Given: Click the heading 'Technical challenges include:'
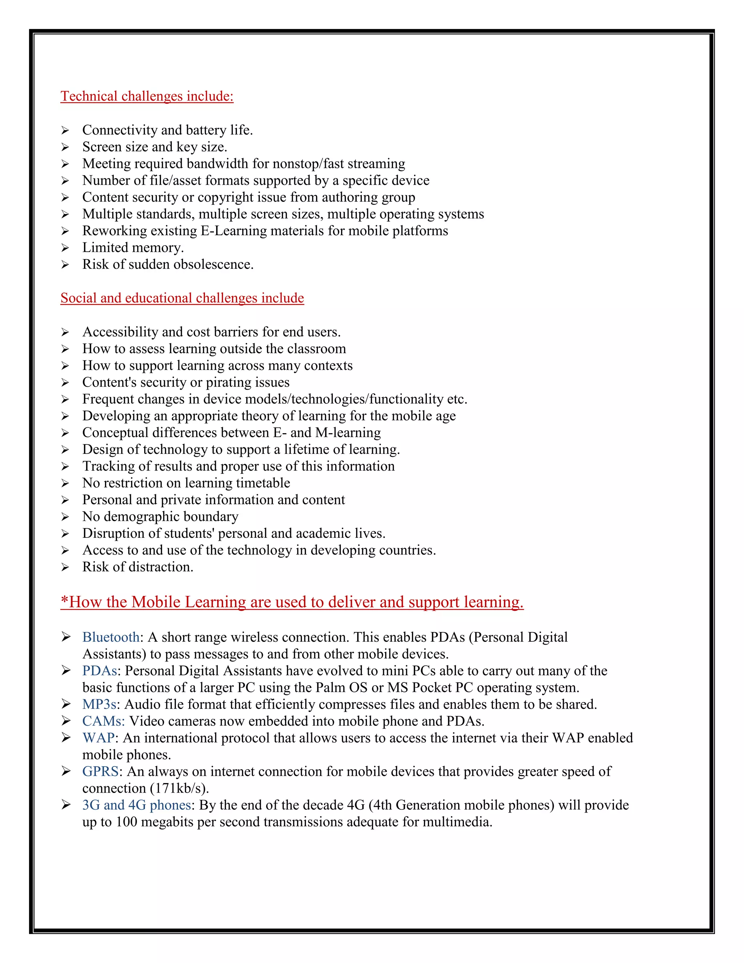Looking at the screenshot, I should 147,96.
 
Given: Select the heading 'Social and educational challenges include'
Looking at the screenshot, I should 182,298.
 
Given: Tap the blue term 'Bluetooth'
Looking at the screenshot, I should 111,637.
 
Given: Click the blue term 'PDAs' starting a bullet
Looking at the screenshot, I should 100,671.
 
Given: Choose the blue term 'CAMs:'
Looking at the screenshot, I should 104,721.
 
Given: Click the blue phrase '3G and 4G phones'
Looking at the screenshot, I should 137,805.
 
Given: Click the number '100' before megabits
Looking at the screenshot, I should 126,822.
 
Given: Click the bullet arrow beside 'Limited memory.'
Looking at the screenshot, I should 65,248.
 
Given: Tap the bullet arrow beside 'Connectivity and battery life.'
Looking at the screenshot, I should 65,130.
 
